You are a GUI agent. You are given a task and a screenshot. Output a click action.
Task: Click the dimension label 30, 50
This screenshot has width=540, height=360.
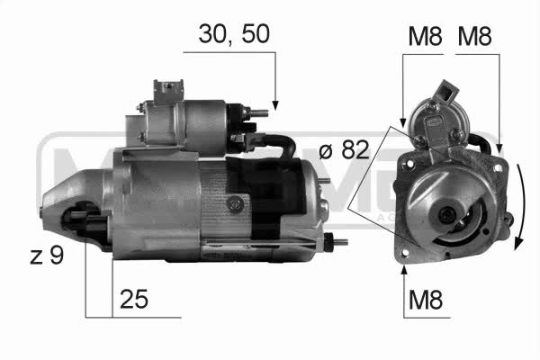[x=234, y=34]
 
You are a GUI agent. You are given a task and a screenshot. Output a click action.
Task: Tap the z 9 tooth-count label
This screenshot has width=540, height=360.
[x=47, y=256]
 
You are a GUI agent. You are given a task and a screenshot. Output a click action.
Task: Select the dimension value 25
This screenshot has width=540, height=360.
[x=134, y=299]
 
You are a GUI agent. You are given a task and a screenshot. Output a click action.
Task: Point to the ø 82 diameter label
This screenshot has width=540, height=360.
[x=344, y=150]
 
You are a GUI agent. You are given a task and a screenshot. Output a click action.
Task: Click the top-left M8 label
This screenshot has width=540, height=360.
[x=425, y=36]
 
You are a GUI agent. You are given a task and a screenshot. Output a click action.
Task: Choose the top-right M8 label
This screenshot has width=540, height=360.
[x=474, y=36]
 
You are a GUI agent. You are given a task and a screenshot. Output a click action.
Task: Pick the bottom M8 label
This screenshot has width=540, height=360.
[x=426, y=300]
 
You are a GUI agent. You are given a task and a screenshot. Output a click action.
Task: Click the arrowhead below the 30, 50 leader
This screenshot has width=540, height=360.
[x=274, y=105]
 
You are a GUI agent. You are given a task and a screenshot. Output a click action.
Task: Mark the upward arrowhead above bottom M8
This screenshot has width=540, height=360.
[x=404, y=270]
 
